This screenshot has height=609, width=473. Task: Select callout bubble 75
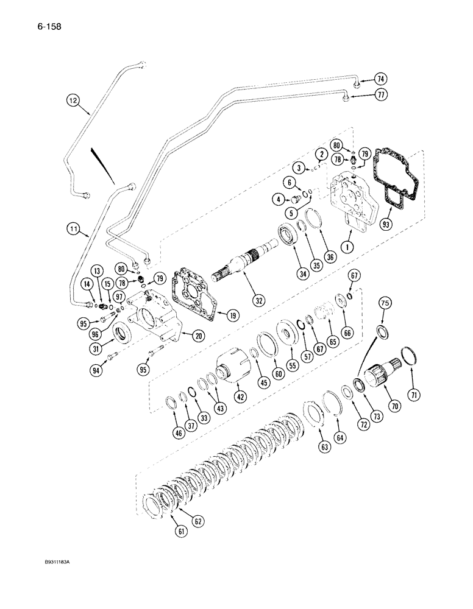coord(384,317)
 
